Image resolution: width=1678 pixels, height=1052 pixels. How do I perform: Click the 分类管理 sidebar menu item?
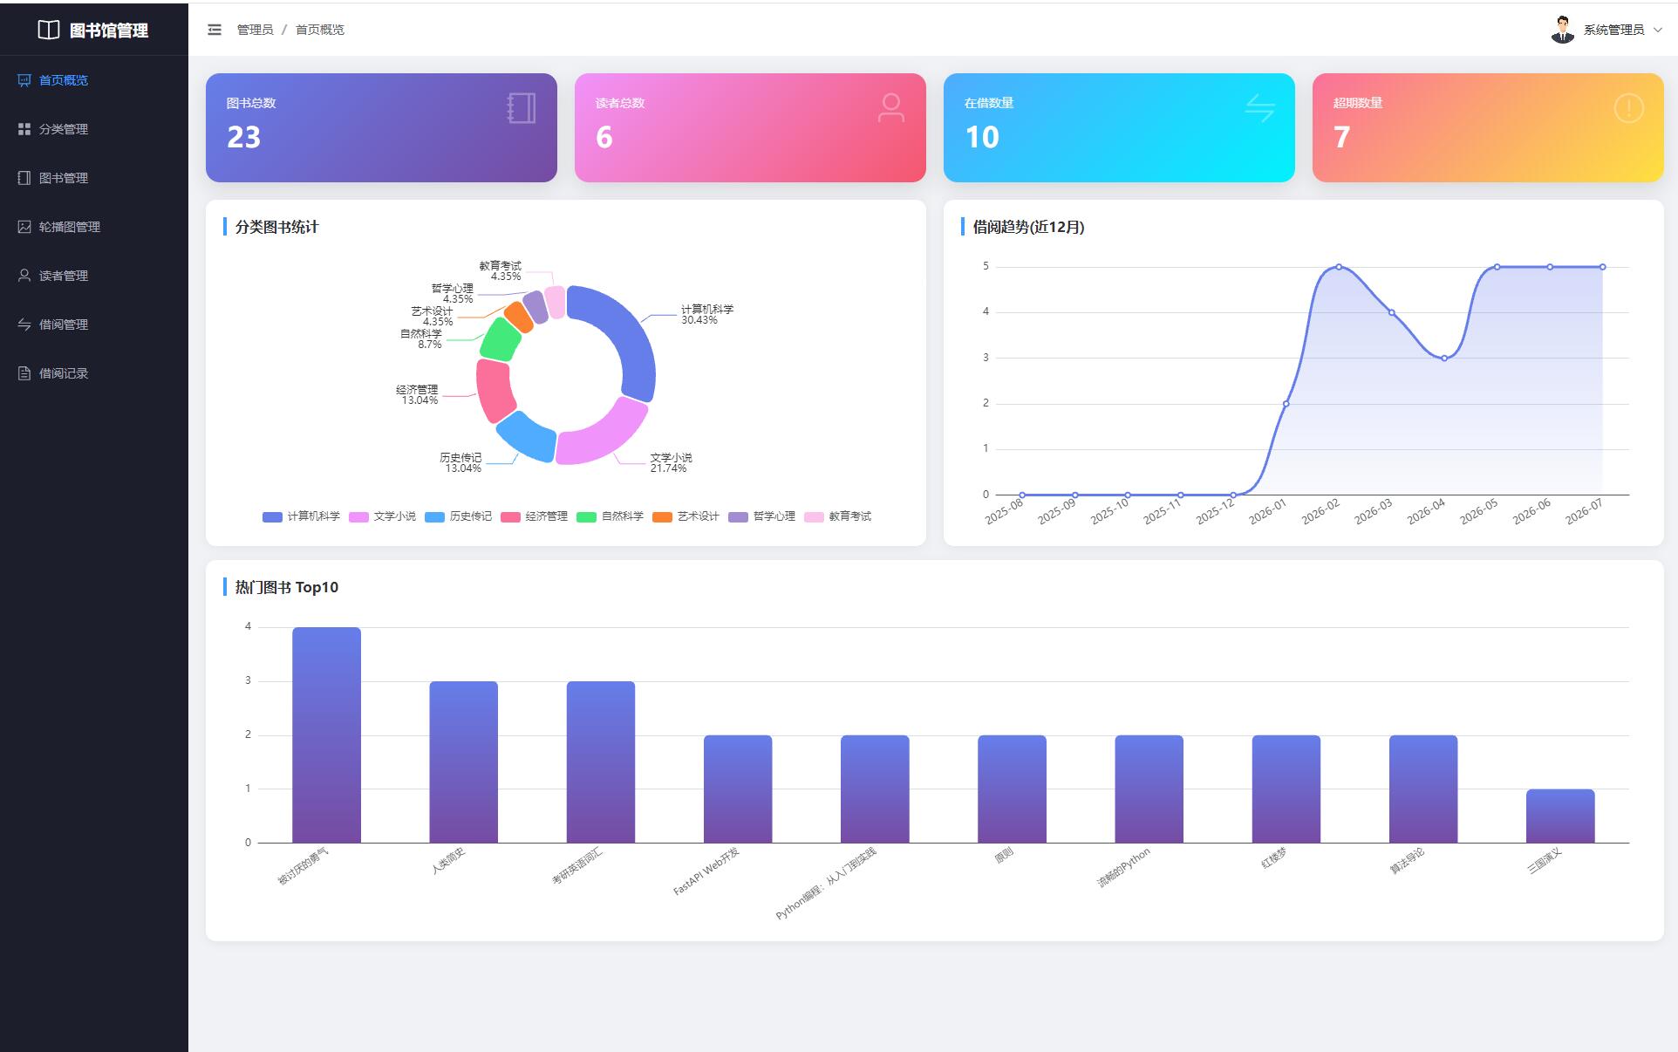click(53, 129)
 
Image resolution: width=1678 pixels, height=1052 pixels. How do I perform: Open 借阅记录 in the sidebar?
click(53, 373)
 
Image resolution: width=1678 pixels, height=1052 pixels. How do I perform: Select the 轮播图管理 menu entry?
click(59, 227)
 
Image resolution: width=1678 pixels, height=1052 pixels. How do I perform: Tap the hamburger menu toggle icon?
click(215, 30)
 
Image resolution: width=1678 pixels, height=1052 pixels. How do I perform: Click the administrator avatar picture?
click(1562, 30)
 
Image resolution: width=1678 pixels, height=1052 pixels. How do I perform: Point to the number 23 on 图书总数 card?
click(243, 137)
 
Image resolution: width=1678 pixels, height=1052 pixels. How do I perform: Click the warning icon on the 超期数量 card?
click(1628, 108)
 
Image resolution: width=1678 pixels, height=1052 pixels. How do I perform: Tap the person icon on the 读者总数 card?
click(890, 108)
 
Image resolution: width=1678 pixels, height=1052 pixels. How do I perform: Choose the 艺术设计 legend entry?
click(686, 516)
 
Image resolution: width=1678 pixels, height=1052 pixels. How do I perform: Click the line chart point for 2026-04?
click(1444, 358)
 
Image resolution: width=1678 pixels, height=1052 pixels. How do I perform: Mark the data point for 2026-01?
click(1286, 404)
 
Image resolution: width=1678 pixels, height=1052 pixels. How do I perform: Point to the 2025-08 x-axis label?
click(1004, 512)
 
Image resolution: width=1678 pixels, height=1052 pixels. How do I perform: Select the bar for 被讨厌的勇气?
click(326, 734)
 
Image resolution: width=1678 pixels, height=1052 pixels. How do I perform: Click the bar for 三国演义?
click(1560, 816)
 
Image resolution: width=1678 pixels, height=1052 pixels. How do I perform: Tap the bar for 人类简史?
click(463, 762)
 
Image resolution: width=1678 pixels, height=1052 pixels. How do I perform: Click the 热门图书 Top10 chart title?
click(287, 587)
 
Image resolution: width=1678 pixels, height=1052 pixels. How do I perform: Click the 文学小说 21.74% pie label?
click(671, 463)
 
